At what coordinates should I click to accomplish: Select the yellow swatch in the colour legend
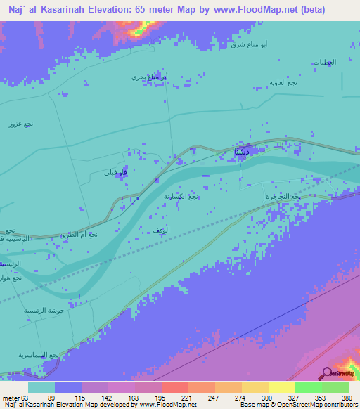[281, 387]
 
